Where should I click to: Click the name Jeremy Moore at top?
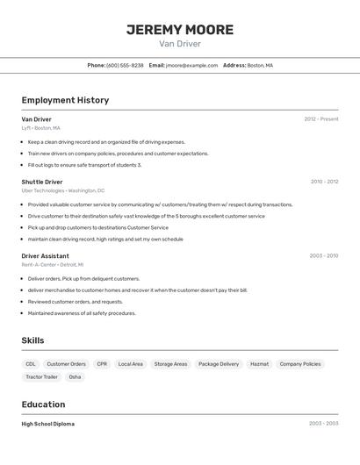click(180, 30)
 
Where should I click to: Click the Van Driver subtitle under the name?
click(180, 44)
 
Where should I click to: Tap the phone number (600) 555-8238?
click(125, 65)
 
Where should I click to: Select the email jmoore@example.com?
click(191, 65)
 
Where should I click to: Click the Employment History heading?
click(65, 100)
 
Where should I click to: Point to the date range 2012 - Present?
click(321, 119)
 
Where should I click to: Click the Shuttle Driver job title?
click(42, 182)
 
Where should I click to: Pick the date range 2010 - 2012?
click(324, 182)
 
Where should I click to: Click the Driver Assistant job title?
click(46, 256)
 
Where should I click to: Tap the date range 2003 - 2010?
click(323, 256)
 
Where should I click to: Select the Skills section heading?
click(33, 340)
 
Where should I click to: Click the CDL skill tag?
click(31, 363)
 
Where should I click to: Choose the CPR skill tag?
click(102, 363)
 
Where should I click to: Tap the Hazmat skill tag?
click(259, 363)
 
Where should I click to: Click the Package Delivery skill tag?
click(219, 363)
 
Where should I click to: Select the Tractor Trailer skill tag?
click(41, 376)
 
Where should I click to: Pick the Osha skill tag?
click(75, 376)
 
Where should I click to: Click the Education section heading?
click(43, 404)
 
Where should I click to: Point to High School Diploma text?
click(48, 424)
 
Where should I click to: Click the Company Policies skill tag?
click(300, 363)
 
